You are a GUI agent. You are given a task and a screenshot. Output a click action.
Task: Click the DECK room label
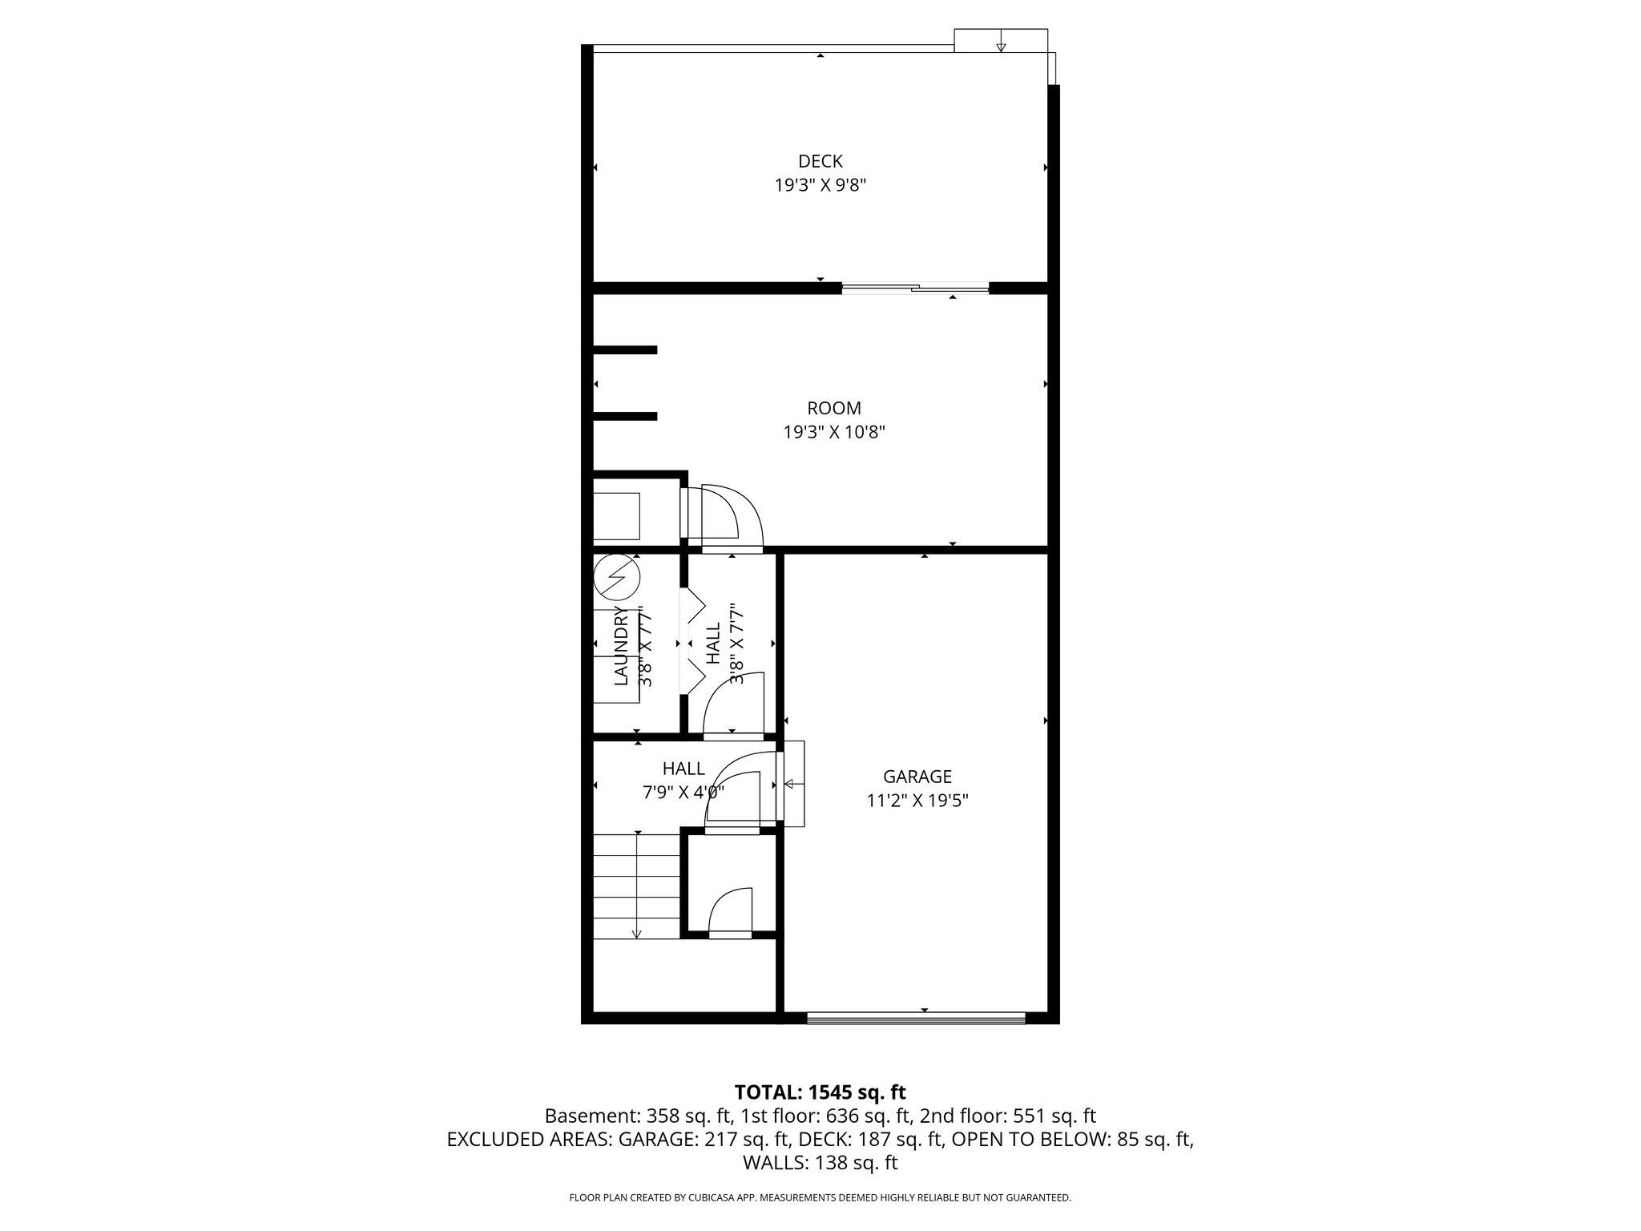pyautogui.click(x=820, y=161)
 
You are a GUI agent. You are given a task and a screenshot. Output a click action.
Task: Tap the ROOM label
pyautogui.click(x=833, y=408)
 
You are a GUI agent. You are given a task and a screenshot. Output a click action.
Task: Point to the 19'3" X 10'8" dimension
pyautogui.click(x=833, y=433)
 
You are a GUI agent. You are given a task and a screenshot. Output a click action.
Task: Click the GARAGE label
pyautogui.click(x=917, y=777)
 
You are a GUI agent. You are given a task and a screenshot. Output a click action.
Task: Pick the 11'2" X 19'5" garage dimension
pyautogui.click(x=917, y=801)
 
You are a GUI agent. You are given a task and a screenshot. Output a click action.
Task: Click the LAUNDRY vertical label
pyautogui.click(x=621, y=646)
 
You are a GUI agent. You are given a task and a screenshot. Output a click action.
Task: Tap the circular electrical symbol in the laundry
pyautogui.click(x=618, y=577)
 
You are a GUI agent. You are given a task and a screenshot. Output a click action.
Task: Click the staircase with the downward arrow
pyautogui.click(x=636, y=886)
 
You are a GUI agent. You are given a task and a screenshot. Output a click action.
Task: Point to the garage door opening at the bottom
pyautogui.click(x=916, y=1018)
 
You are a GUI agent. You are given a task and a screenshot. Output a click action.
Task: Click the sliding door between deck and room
pyautogui.click(x=915, y=289)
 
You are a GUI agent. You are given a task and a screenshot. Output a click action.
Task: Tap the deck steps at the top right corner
pyautogui.click(x=1000, y=41)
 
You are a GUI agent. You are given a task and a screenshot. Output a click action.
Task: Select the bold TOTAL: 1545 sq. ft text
pyautogui.click(x=820, y=1092)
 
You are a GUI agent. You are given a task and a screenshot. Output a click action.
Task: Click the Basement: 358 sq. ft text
pyautogui.click(x=637, y=1116)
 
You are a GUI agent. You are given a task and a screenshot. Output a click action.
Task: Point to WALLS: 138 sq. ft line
pyautogui.click(x=820, y=1163)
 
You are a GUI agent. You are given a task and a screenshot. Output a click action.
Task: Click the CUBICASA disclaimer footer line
pyautogui.click(x=820, y=1198)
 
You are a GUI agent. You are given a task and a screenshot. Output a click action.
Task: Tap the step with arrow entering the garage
pyautogui.click(x=793, y=784)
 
